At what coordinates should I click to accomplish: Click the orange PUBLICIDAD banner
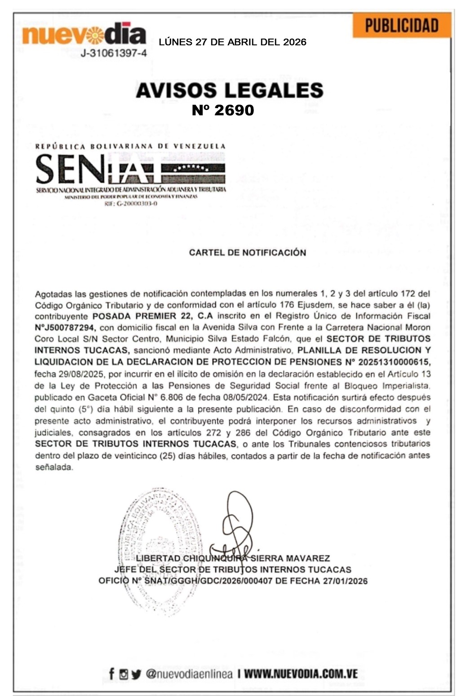(401, 26)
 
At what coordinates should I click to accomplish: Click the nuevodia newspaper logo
(84, 35)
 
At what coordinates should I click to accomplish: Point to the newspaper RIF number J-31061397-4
(113, 53)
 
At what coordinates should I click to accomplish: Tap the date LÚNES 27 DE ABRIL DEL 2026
(232, 42)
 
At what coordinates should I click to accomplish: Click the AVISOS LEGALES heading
(230, 90)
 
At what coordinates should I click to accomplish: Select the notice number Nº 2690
(223, 110)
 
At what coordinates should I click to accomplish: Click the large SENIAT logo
(130, 169)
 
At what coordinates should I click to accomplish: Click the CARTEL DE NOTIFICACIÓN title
(247, 253)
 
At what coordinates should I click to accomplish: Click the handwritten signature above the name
(237, 525)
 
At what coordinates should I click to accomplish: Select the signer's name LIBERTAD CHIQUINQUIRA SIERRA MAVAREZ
(233, 558)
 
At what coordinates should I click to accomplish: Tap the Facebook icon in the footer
(111, 674)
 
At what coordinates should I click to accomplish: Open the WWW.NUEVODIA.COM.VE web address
(301, 674)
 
